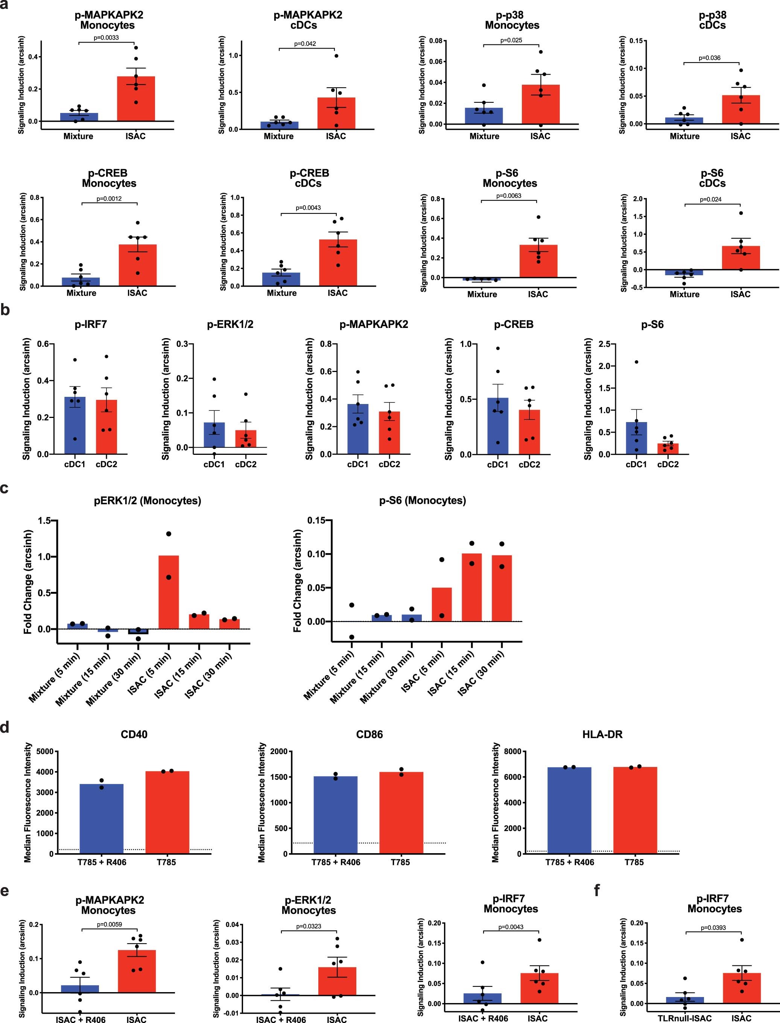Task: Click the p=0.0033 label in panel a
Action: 106,38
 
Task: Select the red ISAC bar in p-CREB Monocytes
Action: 138,265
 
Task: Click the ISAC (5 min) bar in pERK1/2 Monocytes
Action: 169,592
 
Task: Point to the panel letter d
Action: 5,727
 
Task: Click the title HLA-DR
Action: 602,735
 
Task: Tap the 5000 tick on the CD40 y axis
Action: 43,752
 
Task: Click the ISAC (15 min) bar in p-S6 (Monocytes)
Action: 472,587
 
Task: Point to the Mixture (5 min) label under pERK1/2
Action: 55,678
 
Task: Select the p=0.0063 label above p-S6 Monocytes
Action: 508,195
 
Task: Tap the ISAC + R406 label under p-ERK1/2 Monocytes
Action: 281,1019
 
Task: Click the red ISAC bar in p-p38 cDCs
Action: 741,110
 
